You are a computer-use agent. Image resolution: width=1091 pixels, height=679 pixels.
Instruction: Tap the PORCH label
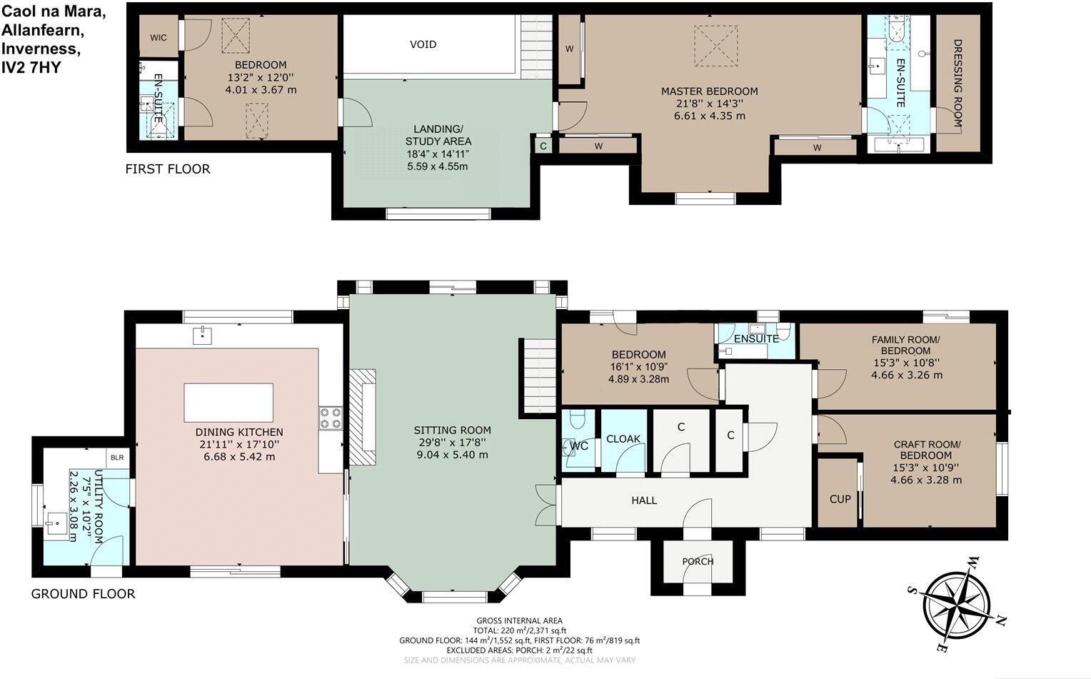pyautogui.click(x=698, y=561)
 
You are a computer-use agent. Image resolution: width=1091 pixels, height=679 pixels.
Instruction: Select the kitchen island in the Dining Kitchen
pyautogui.click(x=228, y=403)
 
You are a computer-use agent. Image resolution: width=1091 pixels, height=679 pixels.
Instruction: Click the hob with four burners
pyautogui.click(x=331, y=417)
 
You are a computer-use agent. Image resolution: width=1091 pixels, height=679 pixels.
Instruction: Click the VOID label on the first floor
pyautogui.click(x=423, y=44)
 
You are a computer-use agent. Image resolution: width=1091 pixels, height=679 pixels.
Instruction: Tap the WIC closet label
pyautogui.click(x=158, y=37)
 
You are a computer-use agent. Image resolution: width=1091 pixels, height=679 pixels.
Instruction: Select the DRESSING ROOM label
pyautogui.click(x=957, y=83)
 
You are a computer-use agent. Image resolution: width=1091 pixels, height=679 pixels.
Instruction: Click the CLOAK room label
pyautogui.click(x=623, y=439)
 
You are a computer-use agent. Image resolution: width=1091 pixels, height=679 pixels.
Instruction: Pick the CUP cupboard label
pyautogui.click(x=840, y=498)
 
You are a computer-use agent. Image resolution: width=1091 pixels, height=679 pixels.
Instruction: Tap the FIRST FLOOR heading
pyautogui.click(x=168, y=169)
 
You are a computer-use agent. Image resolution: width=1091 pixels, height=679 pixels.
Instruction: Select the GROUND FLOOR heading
pyautogui.click(x=83, y=593)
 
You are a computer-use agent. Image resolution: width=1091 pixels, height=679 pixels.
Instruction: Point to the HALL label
pyautogui.click(x=644, y=501)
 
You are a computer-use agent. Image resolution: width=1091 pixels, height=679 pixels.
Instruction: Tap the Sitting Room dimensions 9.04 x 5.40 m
pyautogui.click(x=452, y=455)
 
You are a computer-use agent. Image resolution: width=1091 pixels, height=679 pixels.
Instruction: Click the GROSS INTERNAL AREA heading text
pyautogui.click(x=519, y=621)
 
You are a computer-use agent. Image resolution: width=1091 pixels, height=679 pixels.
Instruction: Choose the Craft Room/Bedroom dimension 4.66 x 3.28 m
pyautogui.click(x=926, y=480)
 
